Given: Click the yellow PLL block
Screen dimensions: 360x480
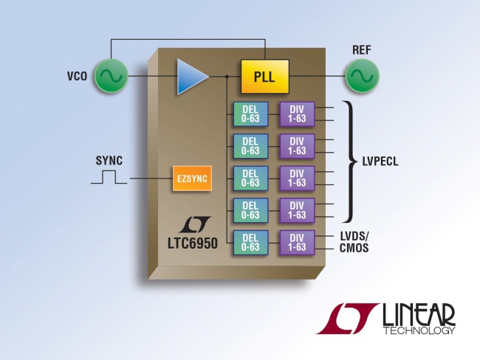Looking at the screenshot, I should (264, 75).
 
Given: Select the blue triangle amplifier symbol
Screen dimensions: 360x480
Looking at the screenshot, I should (192, 76).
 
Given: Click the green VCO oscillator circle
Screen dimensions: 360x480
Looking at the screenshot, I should (111, 75).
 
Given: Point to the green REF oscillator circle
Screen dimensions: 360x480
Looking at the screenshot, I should (362, 75).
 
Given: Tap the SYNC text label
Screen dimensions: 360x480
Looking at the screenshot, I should (109, 159).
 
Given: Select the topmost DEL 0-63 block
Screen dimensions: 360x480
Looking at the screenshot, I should (250, 114).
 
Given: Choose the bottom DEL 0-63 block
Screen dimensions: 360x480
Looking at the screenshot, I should (250, 243).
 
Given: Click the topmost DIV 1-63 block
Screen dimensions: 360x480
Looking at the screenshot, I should (297, 114).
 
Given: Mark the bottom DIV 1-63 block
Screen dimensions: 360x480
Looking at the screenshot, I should (297, 243).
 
